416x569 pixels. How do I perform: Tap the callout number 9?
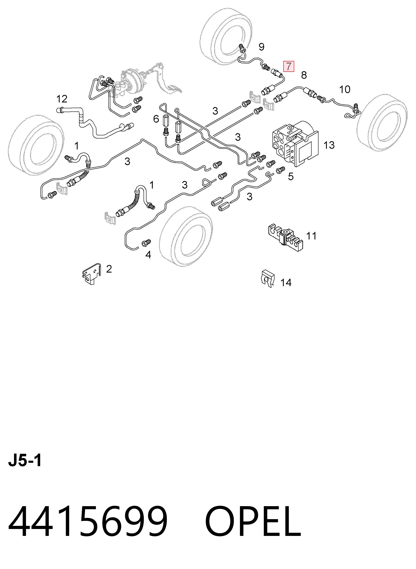261,47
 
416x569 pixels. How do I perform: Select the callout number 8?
304,75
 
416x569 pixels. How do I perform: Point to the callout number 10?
345,89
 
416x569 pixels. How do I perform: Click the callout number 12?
62,99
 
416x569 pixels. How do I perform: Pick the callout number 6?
156,119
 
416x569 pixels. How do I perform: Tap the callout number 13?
329,145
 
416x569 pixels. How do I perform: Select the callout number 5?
291,177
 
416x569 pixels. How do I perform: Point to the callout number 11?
311,236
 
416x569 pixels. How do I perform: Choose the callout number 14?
286,283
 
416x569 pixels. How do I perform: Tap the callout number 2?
109,269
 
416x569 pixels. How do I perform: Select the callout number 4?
148,255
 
